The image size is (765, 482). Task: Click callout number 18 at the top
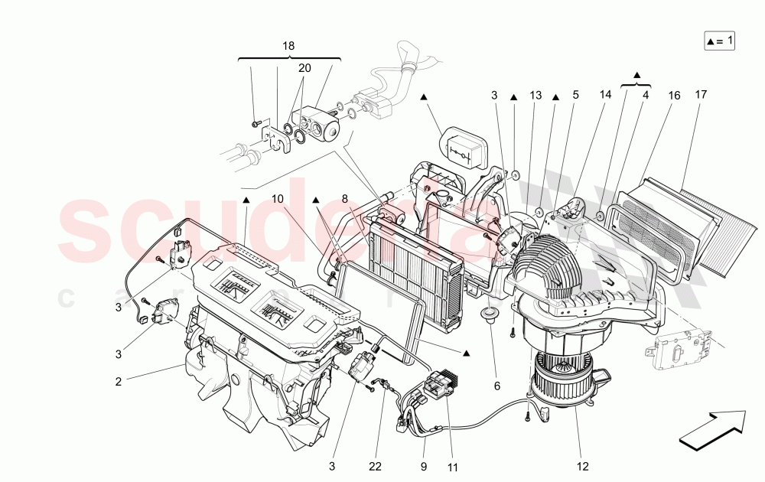click(288, 46)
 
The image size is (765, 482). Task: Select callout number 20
click(304, 68)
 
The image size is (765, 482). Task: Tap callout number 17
click(701, 96)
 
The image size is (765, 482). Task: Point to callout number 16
click(674, 96)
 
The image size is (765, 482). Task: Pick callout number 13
click(535, 96)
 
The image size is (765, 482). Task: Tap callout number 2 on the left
click(119, 380)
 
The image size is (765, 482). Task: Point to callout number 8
click(345, 198)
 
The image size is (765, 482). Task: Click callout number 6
click(496, 386)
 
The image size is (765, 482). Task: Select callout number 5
click(575, 96)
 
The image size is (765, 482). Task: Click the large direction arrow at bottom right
click(711, 428)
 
